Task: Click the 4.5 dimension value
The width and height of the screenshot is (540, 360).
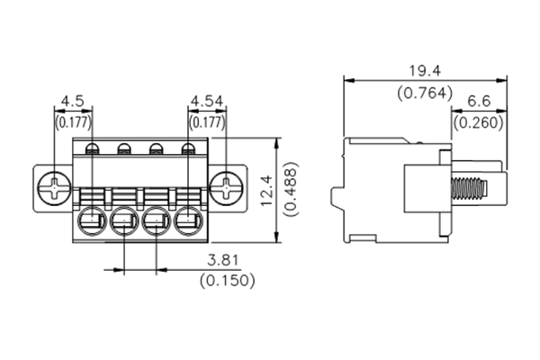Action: pyautogui.click(x=73, y=100)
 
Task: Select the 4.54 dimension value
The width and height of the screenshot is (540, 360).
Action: pyautogui.click(x=206, y=100)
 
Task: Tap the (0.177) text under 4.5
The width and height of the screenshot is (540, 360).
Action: pyautogui.click(x=73, y=121)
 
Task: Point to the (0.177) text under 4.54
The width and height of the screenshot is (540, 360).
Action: pyautogui.click(x=206, y=121)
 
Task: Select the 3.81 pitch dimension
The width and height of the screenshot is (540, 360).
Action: pyautogui.click(x=222, y=261)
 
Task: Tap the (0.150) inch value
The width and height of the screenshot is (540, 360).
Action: pyautogui.click(x=225, y=280)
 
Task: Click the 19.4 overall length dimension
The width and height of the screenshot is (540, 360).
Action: pyautogui.click(x=423, y=70)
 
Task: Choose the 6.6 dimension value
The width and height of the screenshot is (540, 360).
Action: pyautogui.click(x=479, y=102)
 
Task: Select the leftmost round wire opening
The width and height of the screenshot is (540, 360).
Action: pyautogui.click(x=93, y=220)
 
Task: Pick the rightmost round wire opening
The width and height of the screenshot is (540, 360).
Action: pyautogui.click(x=189, y=220)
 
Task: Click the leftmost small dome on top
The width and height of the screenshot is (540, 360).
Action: pyautogui.click(x=91, y=149)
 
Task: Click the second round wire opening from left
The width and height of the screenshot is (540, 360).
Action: pyautogui.click(x=124, y=220)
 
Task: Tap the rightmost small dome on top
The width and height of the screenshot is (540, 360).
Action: pyautogui.click(x=188, y=149)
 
